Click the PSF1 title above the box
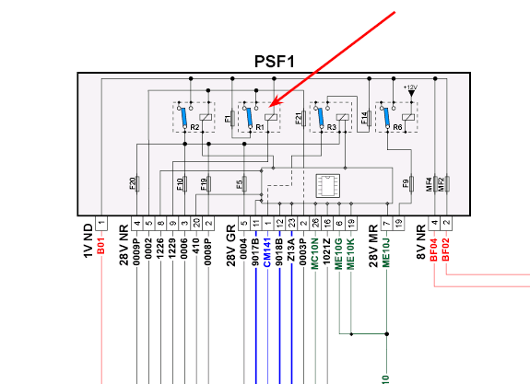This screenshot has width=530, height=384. coord(274,62)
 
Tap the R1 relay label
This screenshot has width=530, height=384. coord(260,127)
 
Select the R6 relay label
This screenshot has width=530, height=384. coord(397,127)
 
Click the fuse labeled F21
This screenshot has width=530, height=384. coord(303,118)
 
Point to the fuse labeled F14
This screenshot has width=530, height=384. coord(369,118)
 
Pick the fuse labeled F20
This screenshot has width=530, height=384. coord(137,184)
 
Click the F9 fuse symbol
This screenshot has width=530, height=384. coord(411,184)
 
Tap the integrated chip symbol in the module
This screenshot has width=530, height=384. coord(327,185)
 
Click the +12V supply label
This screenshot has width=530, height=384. coord(411,87)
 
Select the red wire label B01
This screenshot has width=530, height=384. coord(101,246)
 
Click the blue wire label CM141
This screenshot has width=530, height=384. coord(267,252)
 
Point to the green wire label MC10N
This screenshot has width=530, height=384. coord(315,253)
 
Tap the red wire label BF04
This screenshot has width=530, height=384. coord(434,250)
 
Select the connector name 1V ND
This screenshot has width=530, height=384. coord(88,240)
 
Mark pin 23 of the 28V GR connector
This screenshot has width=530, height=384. coord(291,223)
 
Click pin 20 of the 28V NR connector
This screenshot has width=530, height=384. coord(196,223)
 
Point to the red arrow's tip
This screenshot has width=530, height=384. coord(271,107)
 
